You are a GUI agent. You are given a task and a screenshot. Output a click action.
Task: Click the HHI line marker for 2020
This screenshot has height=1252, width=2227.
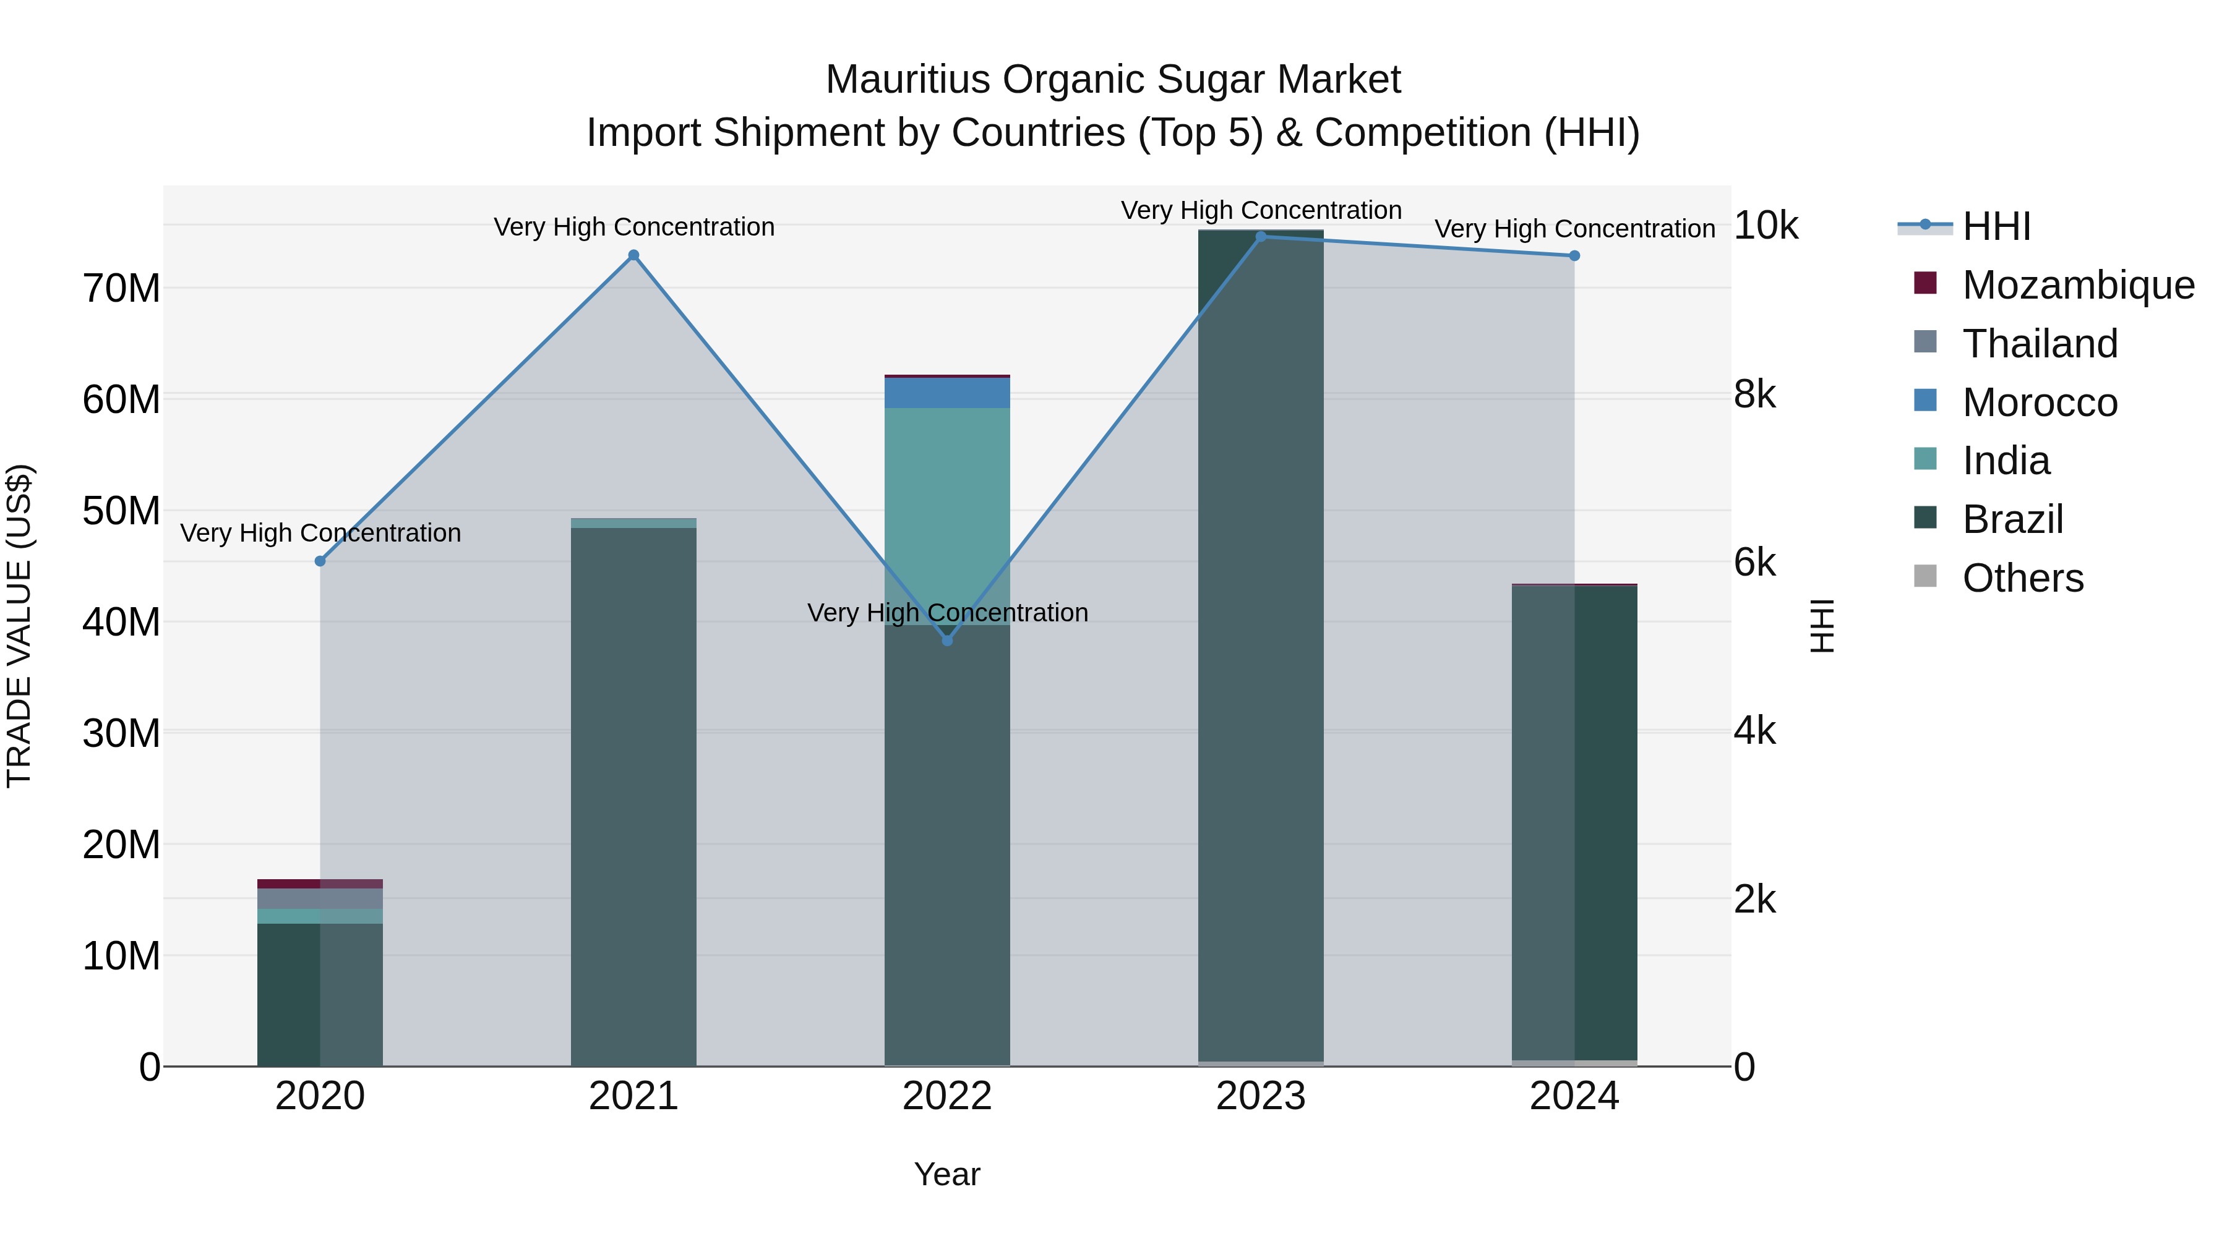(x=320, y=561)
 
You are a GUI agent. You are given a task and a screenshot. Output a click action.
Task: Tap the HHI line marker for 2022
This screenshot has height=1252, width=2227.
(x=946, y=641)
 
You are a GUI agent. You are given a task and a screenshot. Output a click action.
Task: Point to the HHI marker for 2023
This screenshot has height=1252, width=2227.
(x=1261, y=236)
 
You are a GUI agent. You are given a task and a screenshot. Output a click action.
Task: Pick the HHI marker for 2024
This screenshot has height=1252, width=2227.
(x=1574, y=256)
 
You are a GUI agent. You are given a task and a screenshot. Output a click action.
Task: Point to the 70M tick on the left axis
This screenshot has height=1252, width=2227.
(x=121, y=289)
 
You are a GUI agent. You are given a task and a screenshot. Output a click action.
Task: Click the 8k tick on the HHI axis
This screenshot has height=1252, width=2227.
(x=1754, y=395)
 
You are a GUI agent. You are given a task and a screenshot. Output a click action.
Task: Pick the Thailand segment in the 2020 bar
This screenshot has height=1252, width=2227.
(x=320, y=898)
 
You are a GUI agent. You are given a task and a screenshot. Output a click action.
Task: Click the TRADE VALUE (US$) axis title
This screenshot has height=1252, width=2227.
(x=19, y=626)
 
